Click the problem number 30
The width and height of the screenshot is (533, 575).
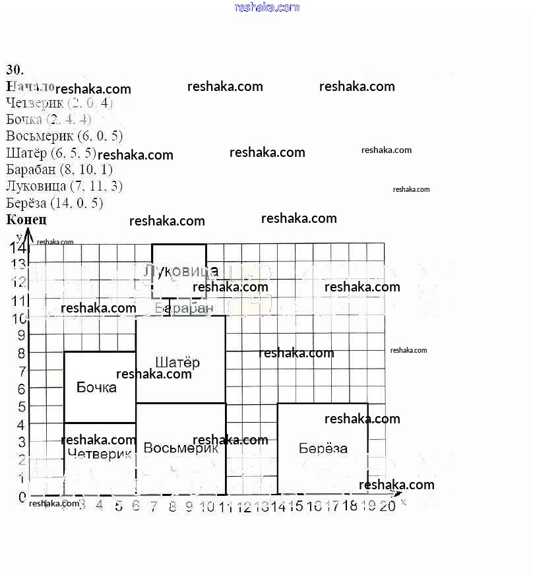pyautogui.click(x=15, y=70)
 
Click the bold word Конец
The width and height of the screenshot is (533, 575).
pyautogui.click(x=26, y=220)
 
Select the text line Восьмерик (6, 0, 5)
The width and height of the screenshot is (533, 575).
pyautogui.click(x=64, y=136)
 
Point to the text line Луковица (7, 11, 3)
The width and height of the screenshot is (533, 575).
pyautogui.click(x=64, y=186)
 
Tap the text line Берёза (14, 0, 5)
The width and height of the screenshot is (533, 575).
pyautogui.click(x=54, y=203)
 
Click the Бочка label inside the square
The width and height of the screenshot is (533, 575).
pyautogui.click(x=96, y=387)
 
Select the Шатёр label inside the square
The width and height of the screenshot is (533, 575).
pyautogui.click(x=177, y=362)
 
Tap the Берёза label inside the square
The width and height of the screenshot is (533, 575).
pyautogui.click(x=323, y=448)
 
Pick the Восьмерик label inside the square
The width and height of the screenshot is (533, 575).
pyautogui.click(x=180, y=448)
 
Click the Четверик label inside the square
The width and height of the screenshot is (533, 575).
pyautogui.click(x=99, y=454)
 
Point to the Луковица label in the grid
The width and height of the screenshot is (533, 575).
pyautogui.click(x=181, y=271)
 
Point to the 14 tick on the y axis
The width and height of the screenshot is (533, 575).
pyautogui.click(x=18, y=248)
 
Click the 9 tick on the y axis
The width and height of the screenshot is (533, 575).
pyautogui.click(x=21, y=335)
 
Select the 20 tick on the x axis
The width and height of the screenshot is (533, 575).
pyautogui.click(x=387, y=506)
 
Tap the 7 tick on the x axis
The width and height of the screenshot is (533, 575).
pyautogui.click(x=154, y=506)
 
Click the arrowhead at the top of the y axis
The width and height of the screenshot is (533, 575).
pyautogui.click(x=28, y=233)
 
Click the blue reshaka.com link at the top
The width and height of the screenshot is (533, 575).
pyautogui.click(x=266, y=7)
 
